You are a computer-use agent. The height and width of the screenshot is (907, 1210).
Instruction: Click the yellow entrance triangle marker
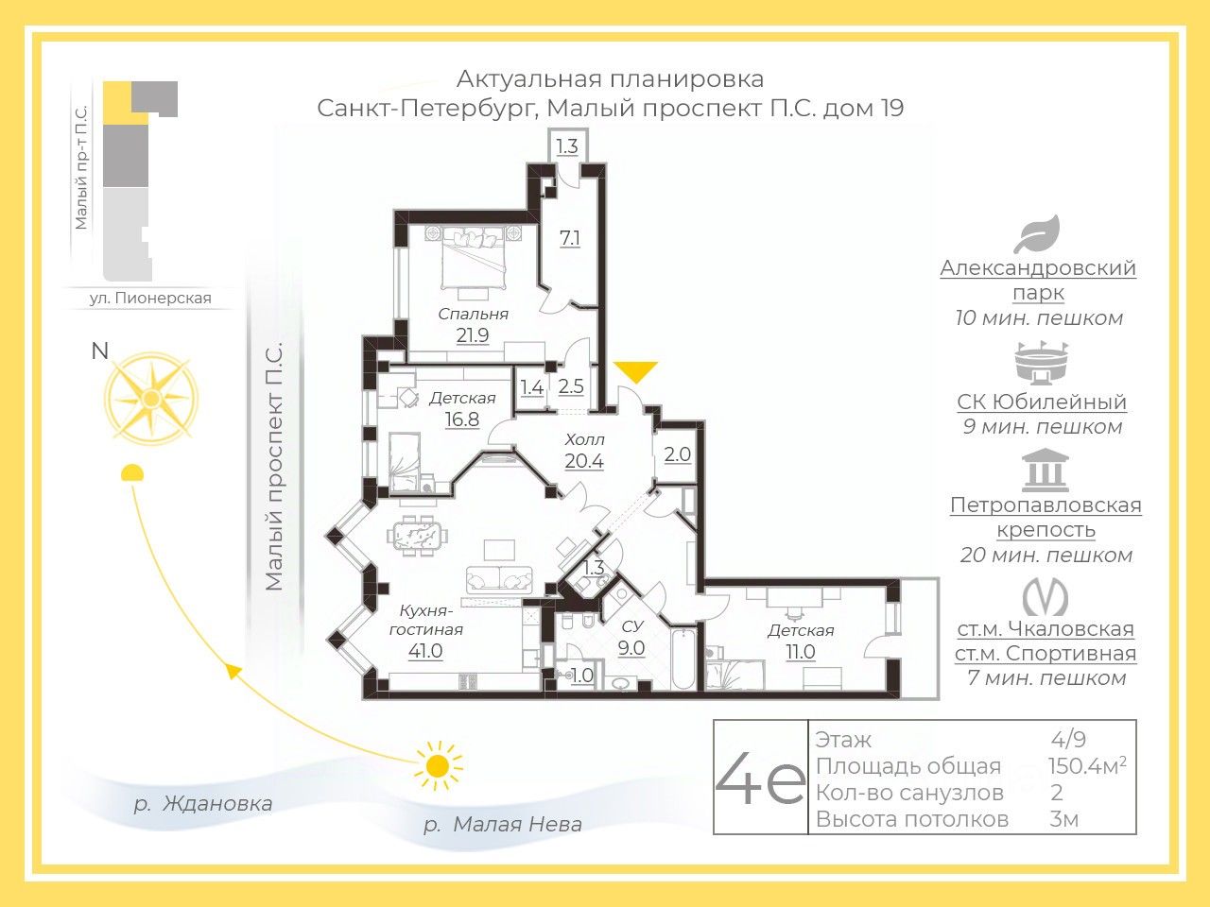[x=636, y=371]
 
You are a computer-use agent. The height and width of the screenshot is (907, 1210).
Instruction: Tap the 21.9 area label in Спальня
[x=473, y=335]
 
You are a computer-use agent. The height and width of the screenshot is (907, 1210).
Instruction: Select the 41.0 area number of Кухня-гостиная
[x=425, y=651]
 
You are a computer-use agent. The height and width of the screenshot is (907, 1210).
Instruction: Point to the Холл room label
[x=584, y=439]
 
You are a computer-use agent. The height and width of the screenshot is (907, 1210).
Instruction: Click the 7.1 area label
[x=569, y=238]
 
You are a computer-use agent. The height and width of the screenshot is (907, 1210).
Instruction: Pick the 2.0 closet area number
[x=677, y=454]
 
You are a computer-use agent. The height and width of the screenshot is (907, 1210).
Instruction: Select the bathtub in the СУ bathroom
[x=683, y=659]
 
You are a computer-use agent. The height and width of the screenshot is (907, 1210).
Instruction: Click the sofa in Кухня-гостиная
[x=499, y=580]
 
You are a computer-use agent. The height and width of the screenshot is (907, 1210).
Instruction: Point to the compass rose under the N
[x=152, y=398]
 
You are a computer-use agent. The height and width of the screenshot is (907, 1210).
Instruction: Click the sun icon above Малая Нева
[x=438, y=765]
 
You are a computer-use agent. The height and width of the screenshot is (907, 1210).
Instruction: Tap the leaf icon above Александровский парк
[x=1037, y=234]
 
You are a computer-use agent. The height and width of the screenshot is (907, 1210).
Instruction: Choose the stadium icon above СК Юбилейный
[x=1042, y=363]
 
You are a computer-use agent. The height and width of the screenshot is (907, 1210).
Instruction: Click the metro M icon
[x=1046, y=596]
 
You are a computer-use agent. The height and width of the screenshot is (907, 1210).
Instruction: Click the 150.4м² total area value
[x=1087, y=765]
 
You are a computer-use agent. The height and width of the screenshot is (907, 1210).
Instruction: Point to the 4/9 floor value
[x=1068, y=739]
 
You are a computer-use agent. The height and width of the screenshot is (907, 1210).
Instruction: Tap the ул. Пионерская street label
[x=150, y=298]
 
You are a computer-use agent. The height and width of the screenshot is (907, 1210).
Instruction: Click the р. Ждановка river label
[x=203, y=804]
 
